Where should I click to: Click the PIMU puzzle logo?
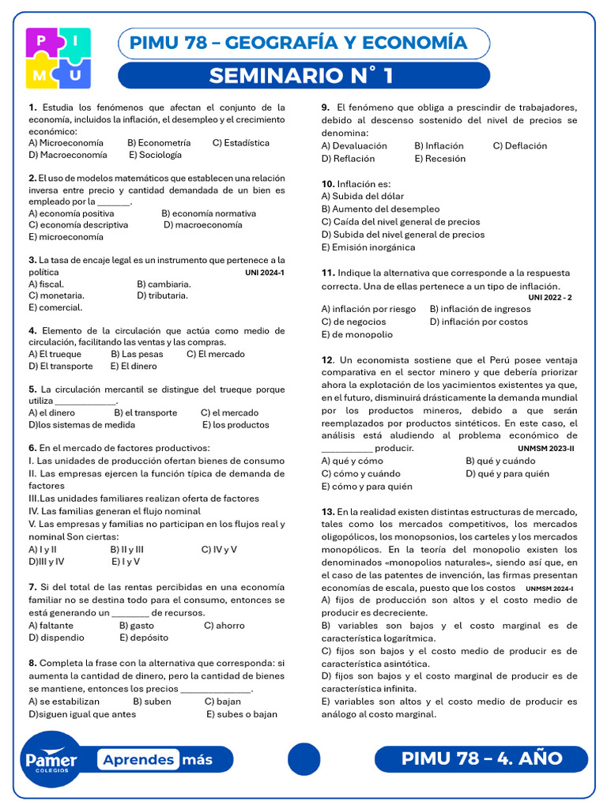[58, 58]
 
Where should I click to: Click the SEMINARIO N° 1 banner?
[303, 76]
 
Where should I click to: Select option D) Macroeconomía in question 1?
[67, 155]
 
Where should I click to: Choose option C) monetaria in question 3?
[56, 295]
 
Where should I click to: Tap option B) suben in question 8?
[152, 701]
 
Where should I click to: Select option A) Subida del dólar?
[362, 196]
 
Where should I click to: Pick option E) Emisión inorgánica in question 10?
[368, 246]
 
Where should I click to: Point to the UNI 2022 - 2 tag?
[549, 297]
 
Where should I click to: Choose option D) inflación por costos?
[479, 322]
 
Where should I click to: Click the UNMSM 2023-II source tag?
[545, 448]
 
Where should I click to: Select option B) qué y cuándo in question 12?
[500, 461]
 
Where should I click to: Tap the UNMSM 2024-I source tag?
[549, 589]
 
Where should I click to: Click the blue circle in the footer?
[303, 759]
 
